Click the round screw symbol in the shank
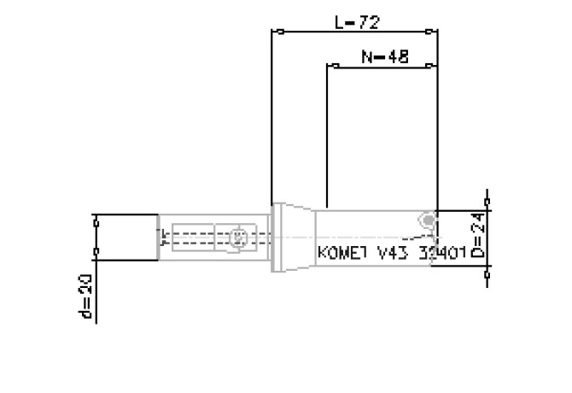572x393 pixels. click(239, 235)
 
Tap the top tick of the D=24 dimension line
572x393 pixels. click(487, 208)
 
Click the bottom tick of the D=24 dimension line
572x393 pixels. click(487, 266)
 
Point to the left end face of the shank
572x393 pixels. click(159, 236)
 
